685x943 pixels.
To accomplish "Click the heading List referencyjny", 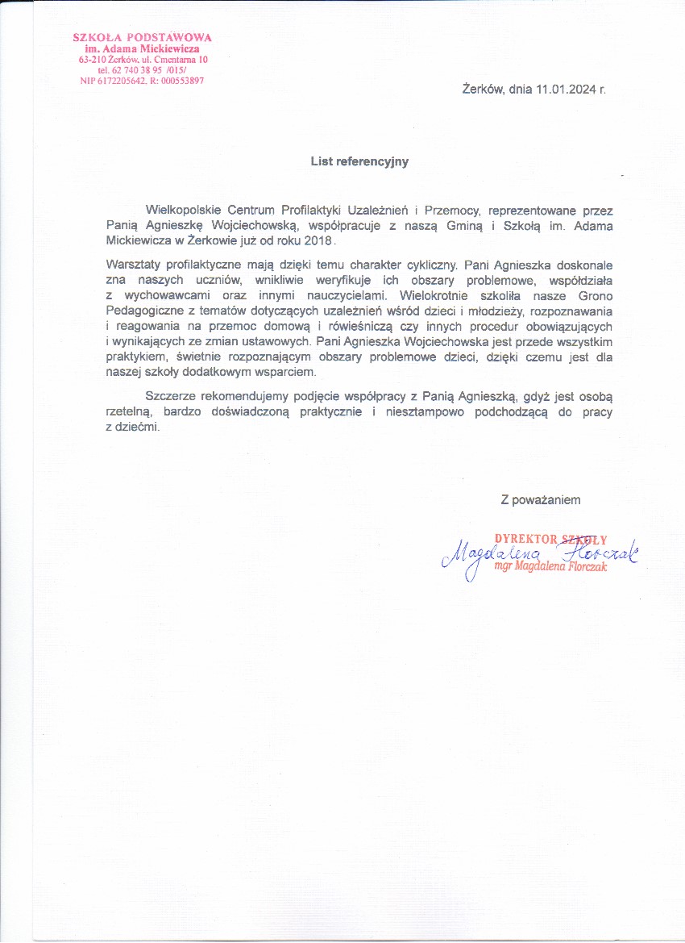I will coord(359,161).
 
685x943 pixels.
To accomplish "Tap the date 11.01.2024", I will coord(563,90).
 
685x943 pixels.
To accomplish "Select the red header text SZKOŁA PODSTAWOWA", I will coord(143,37).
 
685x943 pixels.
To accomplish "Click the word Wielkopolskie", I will coord(185,211).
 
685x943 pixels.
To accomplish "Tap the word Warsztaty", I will coord(134,263).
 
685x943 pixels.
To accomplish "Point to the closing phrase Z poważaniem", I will coord(541,500).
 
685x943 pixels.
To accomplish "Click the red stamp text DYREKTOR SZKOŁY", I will coord(550,539).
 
